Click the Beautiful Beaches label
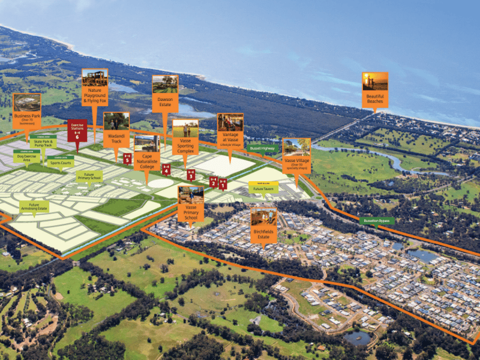point(375,99)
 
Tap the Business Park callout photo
point(26,103)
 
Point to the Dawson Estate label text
point(164,103)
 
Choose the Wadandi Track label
point(116,140)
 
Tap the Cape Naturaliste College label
point(147,161)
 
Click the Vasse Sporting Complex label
point(185,147)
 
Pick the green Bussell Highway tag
point(262,148)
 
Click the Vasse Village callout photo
point(296,148)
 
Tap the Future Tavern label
point(263,188)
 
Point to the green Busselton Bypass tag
point(377,221)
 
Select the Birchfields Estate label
point(264,233)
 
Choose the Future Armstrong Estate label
point(34,207)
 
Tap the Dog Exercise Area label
point(27,159)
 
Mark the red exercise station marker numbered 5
point(127,159)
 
